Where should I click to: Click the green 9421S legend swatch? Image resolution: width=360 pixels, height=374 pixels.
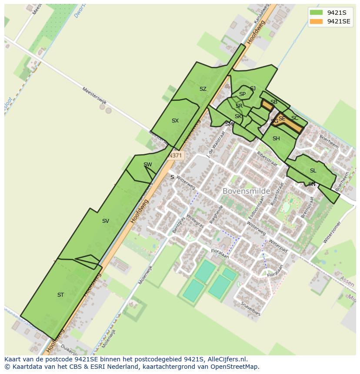(x=316, y=13)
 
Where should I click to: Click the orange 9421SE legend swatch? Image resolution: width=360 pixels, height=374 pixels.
(x=316, y=21)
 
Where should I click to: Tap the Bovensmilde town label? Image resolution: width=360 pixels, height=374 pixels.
(x=246, y=191)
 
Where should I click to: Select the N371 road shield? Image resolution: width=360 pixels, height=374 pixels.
(x=176, y=155)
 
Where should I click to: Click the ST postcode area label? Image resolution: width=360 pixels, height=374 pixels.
(x=60, y=295)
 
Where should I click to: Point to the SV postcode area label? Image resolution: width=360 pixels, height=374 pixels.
(x=105, y=221)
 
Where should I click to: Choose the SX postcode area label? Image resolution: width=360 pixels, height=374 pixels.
(x=175, y=121)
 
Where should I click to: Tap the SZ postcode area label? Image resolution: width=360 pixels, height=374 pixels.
(x=203, y=89)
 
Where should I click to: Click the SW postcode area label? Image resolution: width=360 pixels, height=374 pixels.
(x=147, y=164)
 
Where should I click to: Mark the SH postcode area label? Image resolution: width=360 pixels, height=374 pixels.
(x=276, y=139)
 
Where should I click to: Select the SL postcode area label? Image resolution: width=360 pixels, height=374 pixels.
(x=313, y=171)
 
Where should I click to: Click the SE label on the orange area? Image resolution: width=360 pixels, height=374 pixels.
(x=282, y=119)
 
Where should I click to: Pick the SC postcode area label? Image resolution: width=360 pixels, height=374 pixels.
(x=295, y=118)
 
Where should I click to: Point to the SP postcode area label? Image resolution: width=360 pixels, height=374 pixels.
(x=242, y=94)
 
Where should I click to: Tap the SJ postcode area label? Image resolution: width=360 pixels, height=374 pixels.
(x=253, y=89)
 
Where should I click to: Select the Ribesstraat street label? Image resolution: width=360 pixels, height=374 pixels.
(x=267, y=156)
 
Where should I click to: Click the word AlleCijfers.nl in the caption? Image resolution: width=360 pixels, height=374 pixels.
(x=227, y=359)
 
